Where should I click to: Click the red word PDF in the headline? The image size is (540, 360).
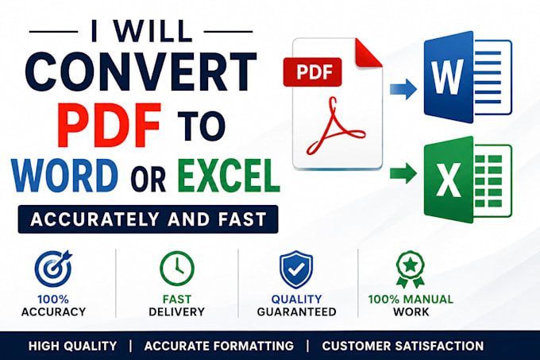click(x=110, y=125)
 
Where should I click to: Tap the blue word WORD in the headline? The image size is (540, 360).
click(x=64, y=176)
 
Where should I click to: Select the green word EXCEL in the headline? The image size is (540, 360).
click(x=229, y=176)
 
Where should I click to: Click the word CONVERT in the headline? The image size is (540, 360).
click(x=141, y=72)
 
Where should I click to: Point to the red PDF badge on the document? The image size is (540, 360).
click(x=312, y=72)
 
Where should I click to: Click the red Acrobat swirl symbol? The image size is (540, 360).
click(x=335, y=127)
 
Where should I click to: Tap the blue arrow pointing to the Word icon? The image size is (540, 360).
click(x=403, y=89)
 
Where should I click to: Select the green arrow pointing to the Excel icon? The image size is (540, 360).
click(x=403, y=173)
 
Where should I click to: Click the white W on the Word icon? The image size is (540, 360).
click(x=448, y=77)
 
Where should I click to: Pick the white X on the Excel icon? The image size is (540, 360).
click(x=449, y=180)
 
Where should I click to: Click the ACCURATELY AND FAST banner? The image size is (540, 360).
click(x=148, y=219)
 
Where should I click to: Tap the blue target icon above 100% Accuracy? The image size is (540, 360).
click(x=53, y=269)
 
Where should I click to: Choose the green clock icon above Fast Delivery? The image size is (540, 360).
click(x=177, y=269)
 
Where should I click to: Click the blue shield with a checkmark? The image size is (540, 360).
click(x=296, y=269)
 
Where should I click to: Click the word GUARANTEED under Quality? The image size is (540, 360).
click(x=296, y=312)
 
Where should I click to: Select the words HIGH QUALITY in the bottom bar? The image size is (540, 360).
click(x=73, y=346)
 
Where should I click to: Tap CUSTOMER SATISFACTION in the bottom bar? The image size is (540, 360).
click(x=403, y=346)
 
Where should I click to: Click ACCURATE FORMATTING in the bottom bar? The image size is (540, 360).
click(x=219, y=346)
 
